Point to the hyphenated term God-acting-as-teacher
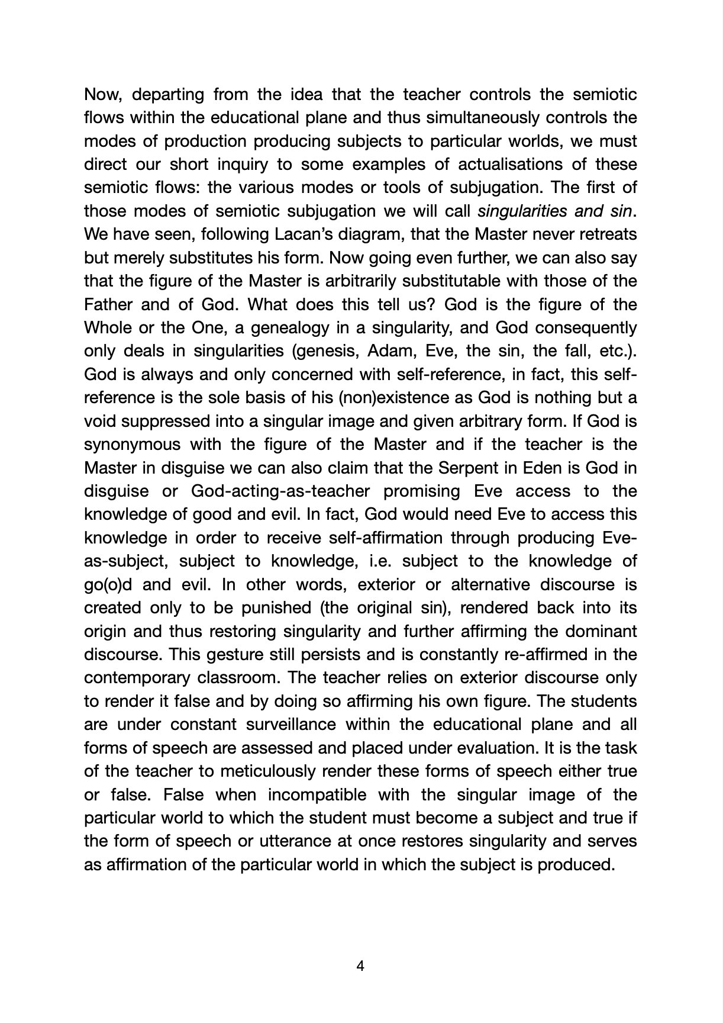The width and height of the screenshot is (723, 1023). [x=280, y=491]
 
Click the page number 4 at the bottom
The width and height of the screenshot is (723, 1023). [x=360, y=967]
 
